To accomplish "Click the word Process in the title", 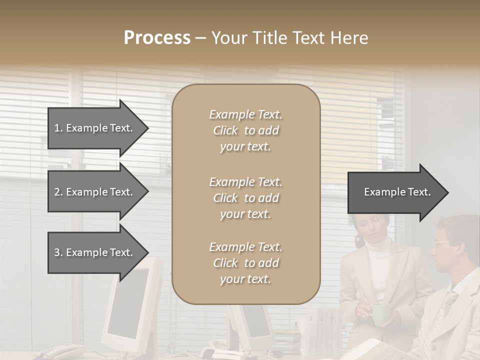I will coord(157,38).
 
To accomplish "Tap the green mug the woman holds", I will coord(381,314).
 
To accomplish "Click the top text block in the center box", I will coord(245,130).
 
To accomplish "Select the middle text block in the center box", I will coord(245,198).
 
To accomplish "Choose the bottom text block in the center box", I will coord(245,263).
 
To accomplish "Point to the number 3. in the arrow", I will coord(58,252).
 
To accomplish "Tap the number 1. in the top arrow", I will coord(58,128).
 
